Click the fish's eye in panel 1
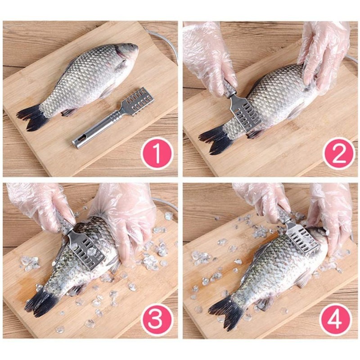click(132, 45)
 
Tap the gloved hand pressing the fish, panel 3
click(125, 220)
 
